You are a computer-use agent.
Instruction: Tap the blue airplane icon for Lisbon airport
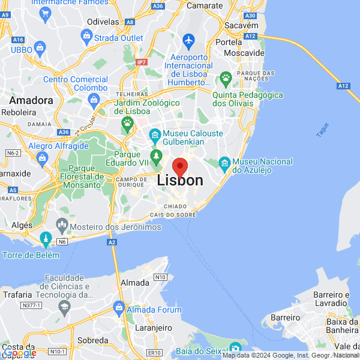click(x=190, y=41)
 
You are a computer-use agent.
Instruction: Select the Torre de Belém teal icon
click(x=46, y=240)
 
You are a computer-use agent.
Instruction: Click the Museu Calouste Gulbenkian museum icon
click(x=155, y=133)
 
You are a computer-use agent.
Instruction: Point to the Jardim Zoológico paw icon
click(x=127, y=123)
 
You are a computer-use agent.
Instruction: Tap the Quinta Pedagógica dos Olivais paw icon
click(x=226, y=77)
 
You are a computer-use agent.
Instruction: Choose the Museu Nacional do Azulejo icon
click(x=224, y=162)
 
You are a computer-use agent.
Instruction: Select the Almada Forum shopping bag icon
click(x=119, y=309)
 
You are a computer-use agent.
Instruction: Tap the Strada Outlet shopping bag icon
click(x=88, y=38)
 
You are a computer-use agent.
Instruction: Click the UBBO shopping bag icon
click(x=40, y=47)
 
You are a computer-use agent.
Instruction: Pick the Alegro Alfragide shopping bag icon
click(x=41, y=158)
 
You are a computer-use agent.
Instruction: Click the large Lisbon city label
click(x=180, y=181)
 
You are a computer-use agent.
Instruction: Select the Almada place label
click(x=136, y=282)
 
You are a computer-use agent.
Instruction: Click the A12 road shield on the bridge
click(x=343, y=86)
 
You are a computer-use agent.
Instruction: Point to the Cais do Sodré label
click(x=174, y=215)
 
